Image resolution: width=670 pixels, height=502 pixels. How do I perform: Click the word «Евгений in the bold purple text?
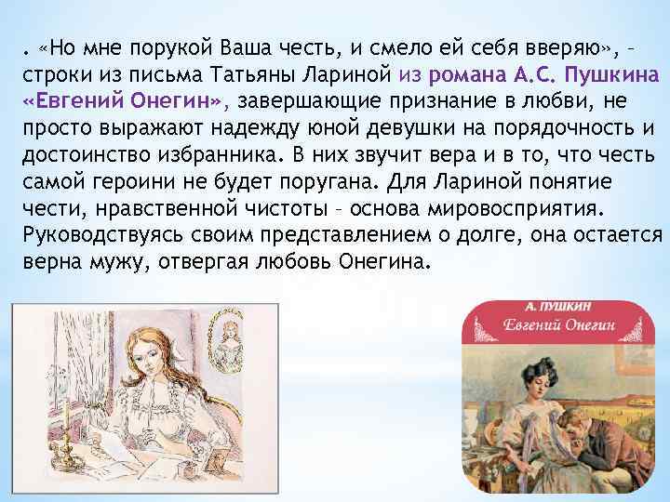click(62, 99)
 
